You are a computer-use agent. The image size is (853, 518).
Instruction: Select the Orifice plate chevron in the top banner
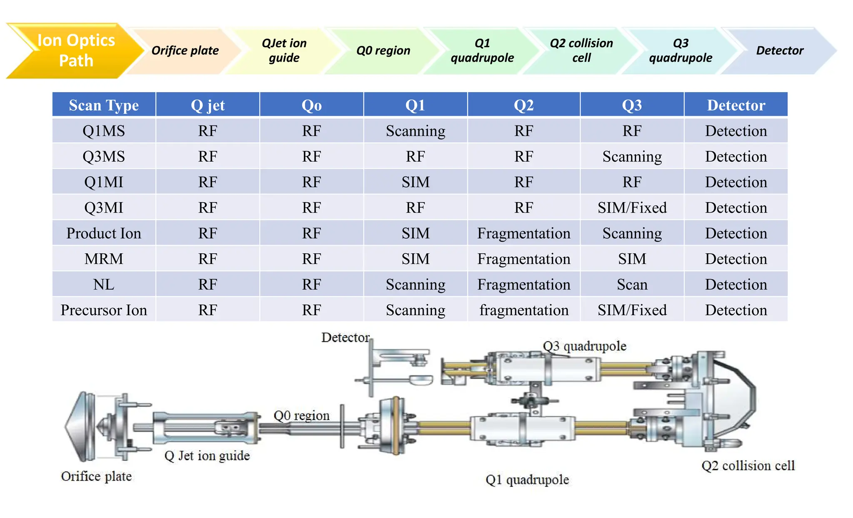pyautogui.click(x=185, y=50)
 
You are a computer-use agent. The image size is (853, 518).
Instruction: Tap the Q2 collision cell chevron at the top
pyautogui.click(x=581, y=50)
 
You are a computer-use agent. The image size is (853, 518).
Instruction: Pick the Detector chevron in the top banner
pyautogui.click(x=779, y=50)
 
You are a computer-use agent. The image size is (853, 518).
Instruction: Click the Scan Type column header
pyautogui.click(x=104, y=105)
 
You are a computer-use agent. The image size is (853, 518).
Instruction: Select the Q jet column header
pyautogui.click(x=207, y=105)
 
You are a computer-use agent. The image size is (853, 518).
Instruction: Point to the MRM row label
pyautogui.click(x=104, y=259)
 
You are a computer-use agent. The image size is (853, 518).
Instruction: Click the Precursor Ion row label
pyautogui.click(x=104, y=310)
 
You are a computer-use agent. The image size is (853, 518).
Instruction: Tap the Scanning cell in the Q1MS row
pyautogui.click(x=415, y=131)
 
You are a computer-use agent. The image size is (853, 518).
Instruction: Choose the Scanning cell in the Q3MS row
pyautogui.click(x=632, y=157)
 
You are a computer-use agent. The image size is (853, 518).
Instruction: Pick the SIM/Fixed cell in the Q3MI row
pyautogui.click(x=632, y=208)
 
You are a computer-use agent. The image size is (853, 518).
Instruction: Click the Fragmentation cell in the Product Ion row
pyautogui.click(x=524, y=233)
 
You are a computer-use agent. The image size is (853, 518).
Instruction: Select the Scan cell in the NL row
pyautogui.click(x=632, y=285)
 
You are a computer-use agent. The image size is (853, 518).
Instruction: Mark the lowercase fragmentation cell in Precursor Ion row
pyautogui.click(x=524, y=310)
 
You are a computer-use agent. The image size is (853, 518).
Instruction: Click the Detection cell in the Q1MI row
pyautogui.click(x=736, y=182)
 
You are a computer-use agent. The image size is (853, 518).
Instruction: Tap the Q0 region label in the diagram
pyautogui.click(x=301, y=415)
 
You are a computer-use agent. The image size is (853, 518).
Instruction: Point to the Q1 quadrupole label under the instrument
pyautogui.click(x=527, y=480)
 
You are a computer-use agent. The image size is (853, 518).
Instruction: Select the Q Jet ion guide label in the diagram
pyautogui.click(x=207, y=455)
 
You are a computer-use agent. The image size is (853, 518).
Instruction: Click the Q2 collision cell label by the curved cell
pyautogui.click(x=748, y=465)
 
